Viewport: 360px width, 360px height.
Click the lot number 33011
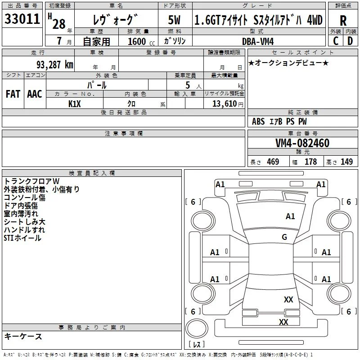tap(22, 19)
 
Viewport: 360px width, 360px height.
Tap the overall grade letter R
tap(343, 21)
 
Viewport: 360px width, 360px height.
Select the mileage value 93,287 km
tap(55, 65)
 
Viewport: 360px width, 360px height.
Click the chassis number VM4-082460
tap(302, 143)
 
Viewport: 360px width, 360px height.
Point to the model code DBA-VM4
tap(258, 41)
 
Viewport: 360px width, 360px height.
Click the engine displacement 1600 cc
tap(141, 41)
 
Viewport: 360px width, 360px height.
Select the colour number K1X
tap(75, 104)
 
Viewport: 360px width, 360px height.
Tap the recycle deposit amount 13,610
tap(225, 104)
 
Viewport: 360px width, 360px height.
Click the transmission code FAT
tap(13, 94)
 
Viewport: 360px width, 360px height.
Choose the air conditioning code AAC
tap(35, 94)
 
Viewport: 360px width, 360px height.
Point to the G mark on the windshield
tap(284, 237)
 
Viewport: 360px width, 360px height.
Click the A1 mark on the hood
tap(290, 216)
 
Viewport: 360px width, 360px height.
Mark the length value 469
tap(273, 162)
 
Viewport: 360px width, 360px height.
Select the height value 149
tap(346, 162)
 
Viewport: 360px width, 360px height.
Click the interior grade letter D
tap(350, 41)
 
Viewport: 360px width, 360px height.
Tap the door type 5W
tap(174, 20)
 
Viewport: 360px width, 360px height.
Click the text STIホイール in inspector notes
tap(22, 238)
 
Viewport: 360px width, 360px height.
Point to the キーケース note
tap(23, 336)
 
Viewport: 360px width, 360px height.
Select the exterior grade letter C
tap(336, 41)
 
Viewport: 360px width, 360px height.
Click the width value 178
tap(310, 162)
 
